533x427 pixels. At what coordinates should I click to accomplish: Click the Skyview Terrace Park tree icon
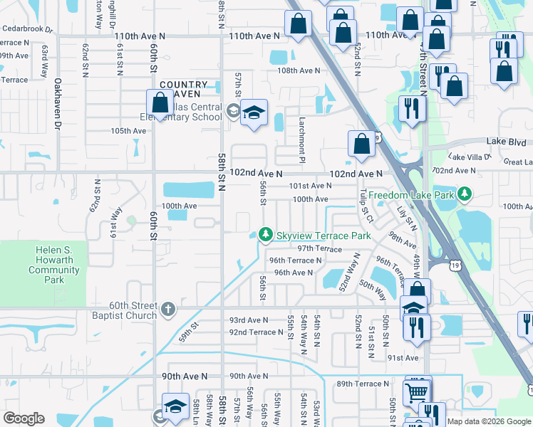tap(266, 234)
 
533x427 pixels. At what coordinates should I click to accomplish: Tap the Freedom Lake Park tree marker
tap(465, 193)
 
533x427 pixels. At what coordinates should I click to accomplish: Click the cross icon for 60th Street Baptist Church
tap(167, 308)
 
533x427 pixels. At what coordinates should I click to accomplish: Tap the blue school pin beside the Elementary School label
tap(254, 113)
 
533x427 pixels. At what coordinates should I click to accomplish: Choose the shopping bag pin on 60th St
tap(158, 104)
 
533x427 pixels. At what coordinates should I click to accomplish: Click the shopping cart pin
tap(417, 392)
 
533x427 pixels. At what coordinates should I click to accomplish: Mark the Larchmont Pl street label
tap(302, 133)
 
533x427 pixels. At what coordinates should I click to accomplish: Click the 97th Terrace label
tap(320, 248)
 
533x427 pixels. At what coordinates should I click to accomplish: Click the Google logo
tap(24, 418)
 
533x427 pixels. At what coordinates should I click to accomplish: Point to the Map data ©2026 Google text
tap(489, 421)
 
